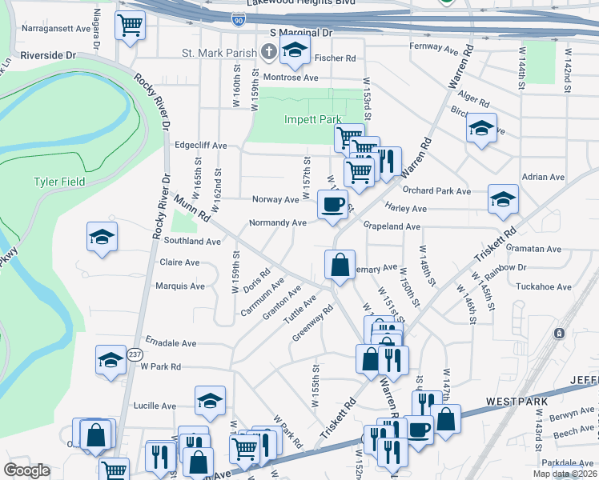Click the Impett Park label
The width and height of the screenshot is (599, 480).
(x=313, y=119)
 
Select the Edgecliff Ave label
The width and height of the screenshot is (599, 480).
(x=201, y=146)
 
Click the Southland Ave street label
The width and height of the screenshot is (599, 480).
(x=191, y=241)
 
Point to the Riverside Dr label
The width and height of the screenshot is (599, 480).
(x=47, y=56)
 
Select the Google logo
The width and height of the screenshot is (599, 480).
(x=26, y=470)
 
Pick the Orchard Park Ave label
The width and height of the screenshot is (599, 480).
(x=436, y=191)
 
